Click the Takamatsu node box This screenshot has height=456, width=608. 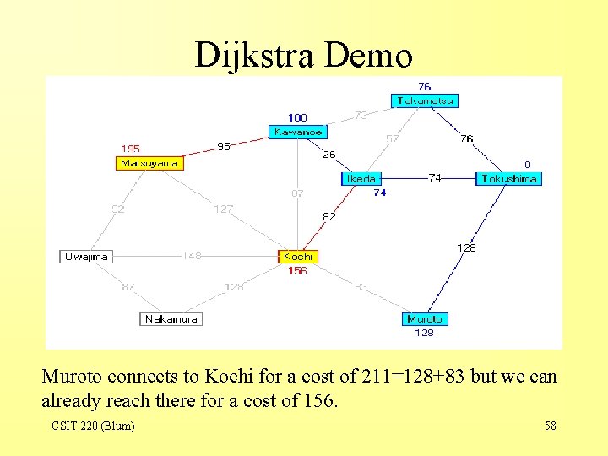[x=426, y=100]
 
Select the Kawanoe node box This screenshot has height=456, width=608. [x=297, y=132]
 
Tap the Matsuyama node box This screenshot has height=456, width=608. [x=149, y=163]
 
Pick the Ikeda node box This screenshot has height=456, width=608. [x=361, y=179]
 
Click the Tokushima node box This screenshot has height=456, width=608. [x=508, y=179]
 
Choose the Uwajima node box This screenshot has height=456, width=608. [x=86, y=257]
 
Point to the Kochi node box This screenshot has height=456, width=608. [x=298, y=257]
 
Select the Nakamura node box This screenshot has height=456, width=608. [x=171, y=319]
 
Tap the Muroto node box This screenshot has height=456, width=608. [x=424, y=319]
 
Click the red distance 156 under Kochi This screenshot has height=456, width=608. [x=297, y=271]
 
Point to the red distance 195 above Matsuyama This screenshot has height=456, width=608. [x=130, y=149]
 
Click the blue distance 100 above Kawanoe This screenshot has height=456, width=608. [x=297, y=117]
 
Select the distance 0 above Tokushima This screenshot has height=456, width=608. [x=528, y=165]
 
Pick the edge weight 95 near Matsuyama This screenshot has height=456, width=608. [x=223, y=146]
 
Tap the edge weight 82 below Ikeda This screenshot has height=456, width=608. [x=329, y=217]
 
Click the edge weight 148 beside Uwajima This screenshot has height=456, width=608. [x=193, y=256]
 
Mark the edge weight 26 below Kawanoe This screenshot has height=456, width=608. [x=329, y=155]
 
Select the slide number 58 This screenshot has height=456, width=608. [x=551, y=426]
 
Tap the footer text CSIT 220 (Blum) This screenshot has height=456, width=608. [x=93, y=426]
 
